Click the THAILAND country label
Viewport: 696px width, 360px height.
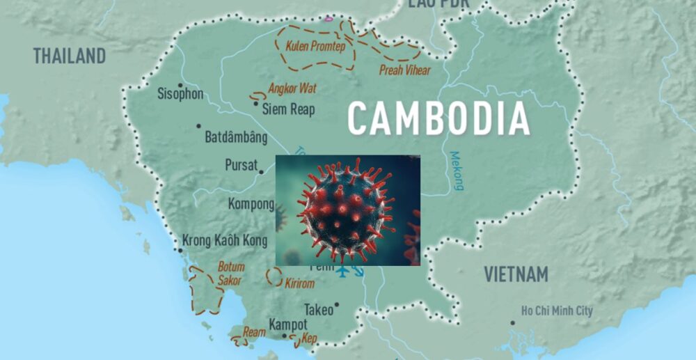point(70,56)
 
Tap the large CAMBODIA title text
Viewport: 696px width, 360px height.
point(438,118)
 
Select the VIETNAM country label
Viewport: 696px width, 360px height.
point(516,274)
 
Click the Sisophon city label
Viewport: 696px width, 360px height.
point(180,94)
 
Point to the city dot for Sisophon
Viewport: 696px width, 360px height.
point(180,85)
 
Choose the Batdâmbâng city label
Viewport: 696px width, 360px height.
point(236,137)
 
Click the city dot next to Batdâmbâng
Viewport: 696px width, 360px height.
point(198,126)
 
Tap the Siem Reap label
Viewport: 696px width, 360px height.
point(288,109)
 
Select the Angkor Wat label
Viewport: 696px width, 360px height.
point(292,88)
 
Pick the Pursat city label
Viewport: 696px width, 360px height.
point(240,166)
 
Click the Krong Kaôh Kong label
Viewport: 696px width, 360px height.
point(225,241)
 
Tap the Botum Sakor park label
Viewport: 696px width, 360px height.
point(230,274)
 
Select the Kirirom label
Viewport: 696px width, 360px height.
point(300,283)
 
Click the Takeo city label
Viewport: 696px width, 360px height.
point(319,310)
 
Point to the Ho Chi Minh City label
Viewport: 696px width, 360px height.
point(557,311)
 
